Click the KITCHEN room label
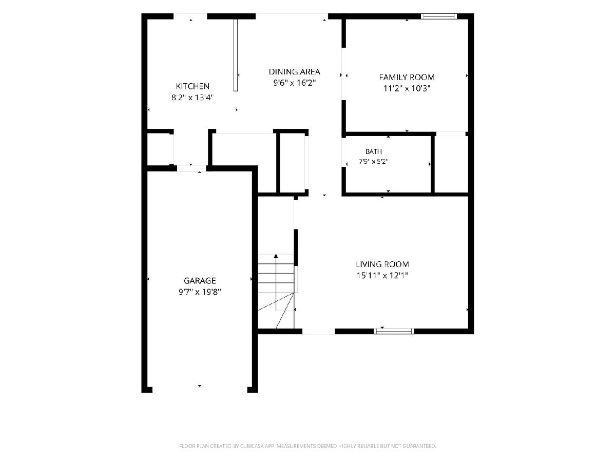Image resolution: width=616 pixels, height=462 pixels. pyautogui.click(x=192, y=86)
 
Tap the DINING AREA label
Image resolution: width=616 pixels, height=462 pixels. pyautogui.click(x=294, y=72)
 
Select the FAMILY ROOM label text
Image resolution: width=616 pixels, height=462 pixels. pyautogui.click(x=407, y=77)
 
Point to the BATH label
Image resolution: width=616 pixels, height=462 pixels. pyautogui.click(x=374, y=151)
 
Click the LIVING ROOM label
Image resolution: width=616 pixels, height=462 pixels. pyautogui.click(x=382, y=264)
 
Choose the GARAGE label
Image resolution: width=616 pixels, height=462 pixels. pyautogui.click(x=200, y=280)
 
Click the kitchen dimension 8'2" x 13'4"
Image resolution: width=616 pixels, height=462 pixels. pyautogui.click(x=192, y=98)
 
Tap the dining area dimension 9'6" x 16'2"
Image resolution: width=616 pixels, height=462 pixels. pyautogui.click(x=295, y=83)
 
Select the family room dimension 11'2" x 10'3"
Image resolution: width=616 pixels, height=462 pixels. pyautogui.click(x=407, y=89)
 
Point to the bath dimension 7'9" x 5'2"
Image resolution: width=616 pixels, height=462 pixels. pyautogui.click(x=374, y=162)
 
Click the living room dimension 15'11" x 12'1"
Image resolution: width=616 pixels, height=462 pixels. pyautogui.click(x=382, y=276)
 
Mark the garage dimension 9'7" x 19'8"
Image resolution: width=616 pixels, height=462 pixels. pyautogui.click(x=200, y=292)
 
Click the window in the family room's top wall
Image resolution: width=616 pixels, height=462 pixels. pyautogui.click(x=439, y=16)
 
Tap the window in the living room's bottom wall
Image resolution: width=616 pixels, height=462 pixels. pyautogui.click(x=394, y=331)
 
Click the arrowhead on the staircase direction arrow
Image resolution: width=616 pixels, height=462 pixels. pyautogui.click(x=276, y=256)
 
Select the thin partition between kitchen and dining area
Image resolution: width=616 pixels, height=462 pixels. pyautogui.click(x=236, y=55)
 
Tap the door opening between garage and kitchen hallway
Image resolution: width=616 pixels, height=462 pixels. pyautogui.click(x=191, y=168)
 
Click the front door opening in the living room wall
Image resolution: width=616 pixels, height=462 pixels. pyautogui.click(x=319, y=331)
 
